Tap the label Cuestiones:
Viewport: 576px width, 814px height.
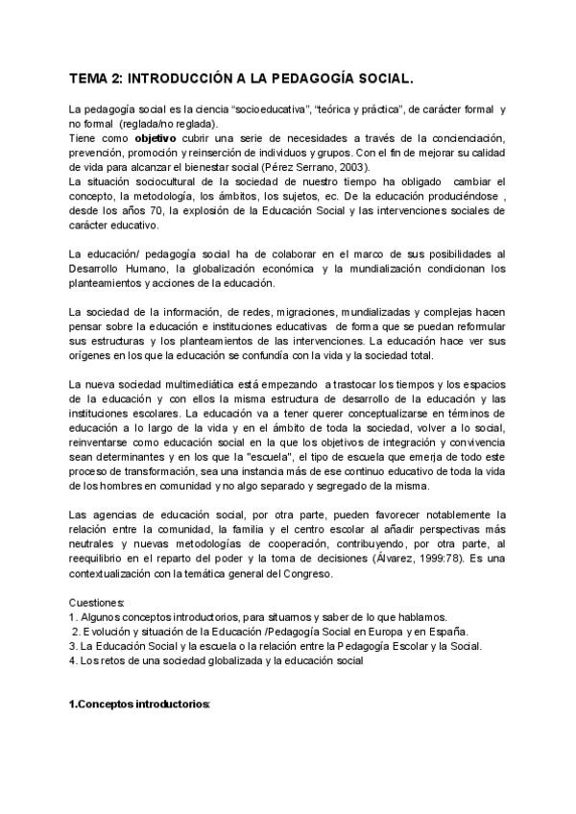coord(97,602)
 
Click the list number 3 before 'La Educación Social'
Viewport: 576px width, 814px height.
coord(73,646)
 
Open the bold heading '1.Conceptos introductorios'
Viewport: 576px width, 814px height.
coord(139,706)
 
